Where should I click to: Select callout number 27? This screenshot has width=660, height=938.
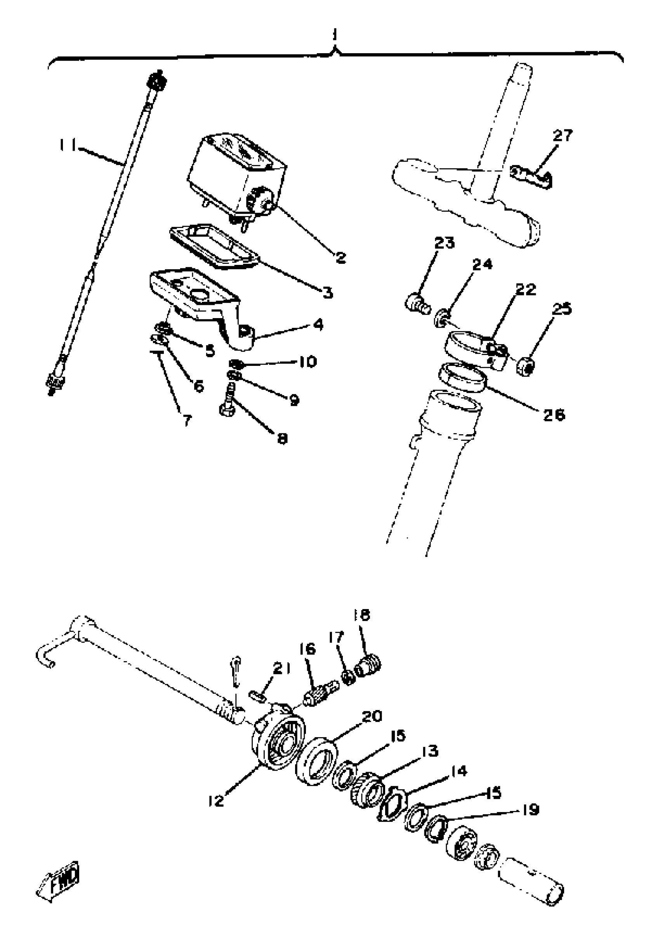563,135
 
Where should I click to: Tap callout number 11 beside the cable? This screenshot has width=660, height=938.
66,145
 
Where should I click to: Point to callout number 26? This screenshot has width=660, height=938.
553,415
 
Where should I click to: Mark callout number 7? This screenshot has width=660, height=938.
187,420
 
